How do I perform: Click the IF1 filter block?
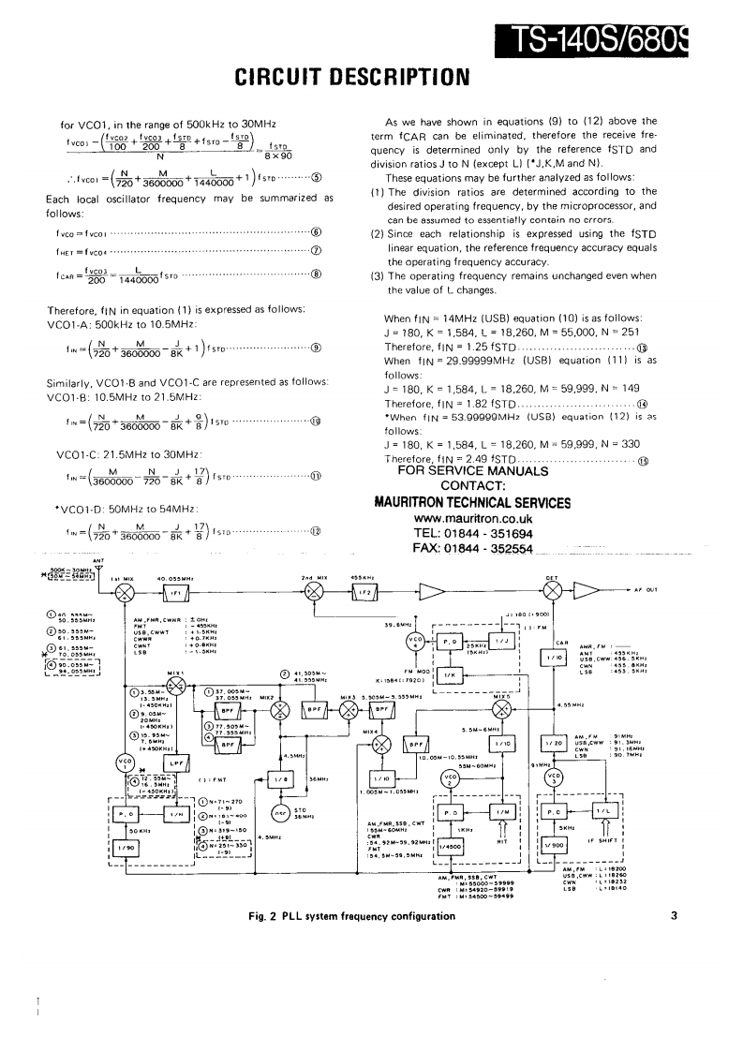coord(176,595)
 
